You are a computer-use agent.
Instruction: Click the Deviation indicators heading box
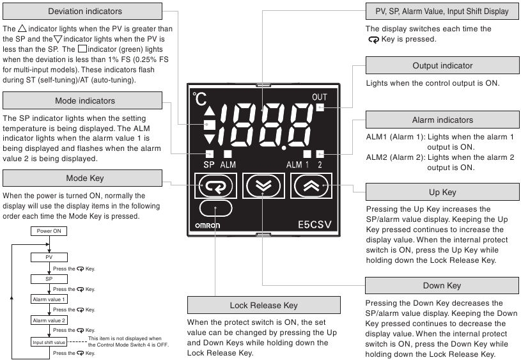click(x=82, y=12)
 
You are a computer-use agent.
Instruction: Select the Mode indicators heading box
click(x=82, y=100)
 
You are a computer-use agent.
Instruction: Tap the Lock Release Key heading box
click(x=264, y=305)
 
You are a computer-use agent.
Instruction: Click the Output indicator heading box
click(x=442, y=65)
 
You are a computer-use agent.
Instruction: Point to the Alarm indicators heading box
click(x=442, y=120)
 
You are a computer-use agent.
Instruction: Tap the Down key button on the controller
click(x=263, y=186)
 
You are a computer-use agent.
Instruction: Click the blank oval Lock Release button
click(x=215, y=208)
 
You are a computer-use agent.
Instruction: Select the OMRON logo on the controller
click(x=207, y=225)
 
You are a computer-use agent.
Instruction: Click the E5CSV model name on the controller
click(x=315, y=224)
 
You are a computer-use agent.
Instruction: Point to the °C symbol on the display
click(x=199, y=98)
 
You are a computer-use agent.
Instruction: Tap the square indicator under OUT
click(x=320, y=107)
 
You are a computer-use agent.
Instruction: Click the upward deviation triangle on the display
click(x=209, y=111)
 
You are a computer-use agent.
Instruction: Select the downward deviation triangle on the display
click(x=209, y=139)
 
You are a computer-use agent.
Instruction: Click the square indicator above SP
click(x=209, y=154)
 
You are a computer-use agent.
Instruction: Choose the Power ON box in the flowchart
click(x=49, y=231)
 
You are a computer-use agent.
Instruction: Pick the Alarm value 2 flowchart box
click(x=49, y=320)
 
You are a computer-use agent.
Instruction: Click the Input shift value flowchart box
click(x=49, y=342)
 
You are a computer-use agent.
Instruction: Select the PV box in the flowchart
click(x=49, y=257)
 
